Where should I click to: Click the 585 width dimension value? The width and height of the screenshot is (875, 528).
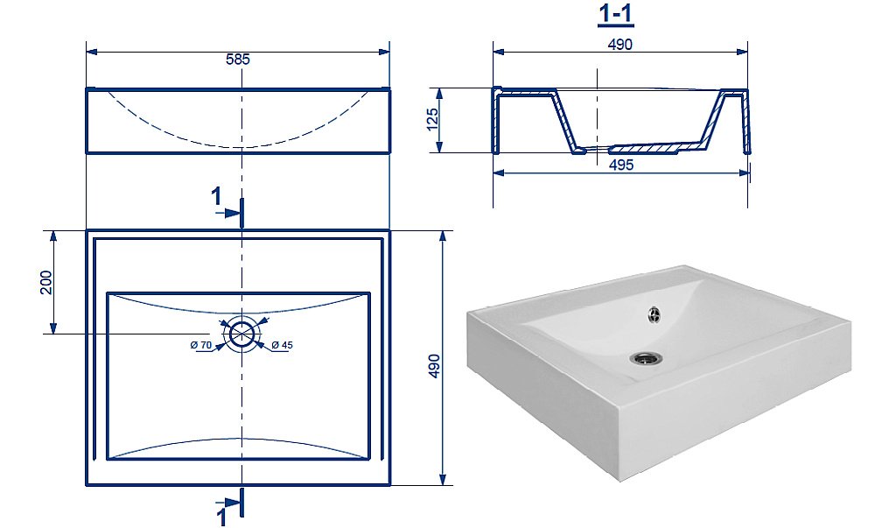tap(238, 60)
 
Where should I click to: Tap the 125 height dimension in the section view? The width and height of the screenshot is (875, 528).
tap(432, 119)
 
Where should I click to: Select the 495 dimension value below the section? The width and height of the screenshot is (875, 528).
tap(621, 165)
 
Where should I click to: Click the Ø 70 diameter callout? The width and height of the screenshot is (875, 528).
tap(201, 346)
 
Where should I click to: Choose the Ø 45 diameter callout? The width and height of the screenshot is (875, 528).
tap(283, 346)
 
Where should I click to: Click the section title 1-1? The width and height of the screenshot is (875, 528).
tap(616, 14)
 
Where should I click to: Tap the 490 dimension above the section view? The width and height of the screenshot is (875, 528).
tap(620, 45)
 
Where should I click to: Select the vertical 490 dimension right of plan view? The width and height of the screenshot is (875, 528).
tap(434, 366)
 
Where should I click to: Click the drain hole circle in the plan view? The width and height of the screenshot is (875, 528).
tap(242, 334)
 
